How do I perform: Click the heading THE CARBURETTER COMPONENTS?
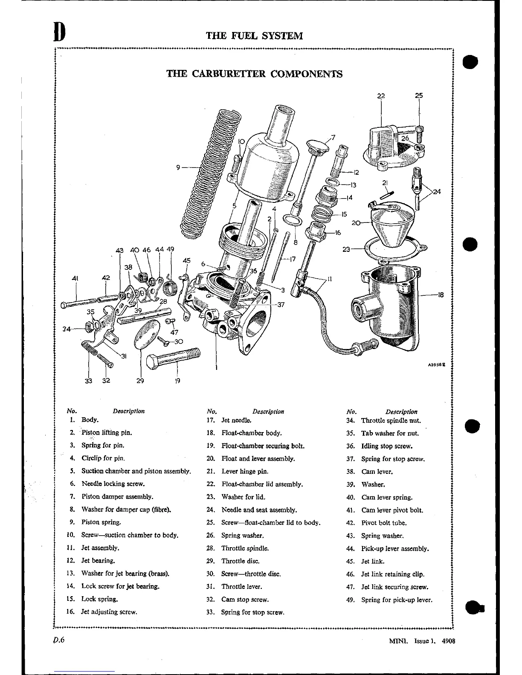pos(254,74)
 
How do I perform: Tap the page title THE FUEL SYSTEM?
pos(254,35)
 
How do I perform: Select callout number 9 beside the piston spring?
pos(178,167)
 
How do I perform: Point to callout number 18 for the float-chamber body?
pos(441,294)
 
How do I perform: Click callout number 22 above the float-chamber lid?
pos(381,96)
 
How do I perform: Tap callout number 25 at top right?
pos(419,96)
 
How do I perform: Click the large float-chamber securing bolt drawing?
pos(173,358)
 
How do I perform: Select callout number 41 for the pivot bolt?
pos(75,278)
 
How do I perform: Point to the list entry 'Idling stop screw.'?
pos(387,446)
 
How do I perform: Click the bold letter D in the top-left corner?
pos(60,32)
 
